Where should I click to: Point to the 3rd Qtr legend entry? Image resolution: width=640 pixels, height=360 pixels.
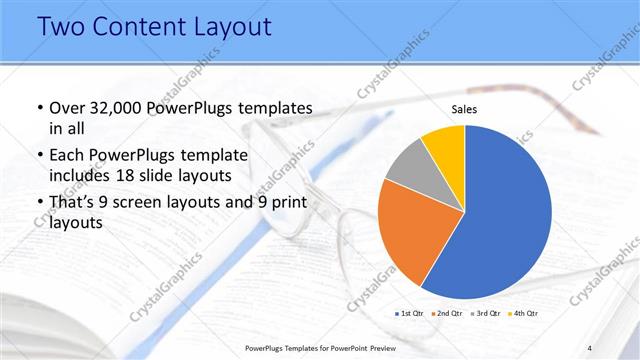[x=485, y=314]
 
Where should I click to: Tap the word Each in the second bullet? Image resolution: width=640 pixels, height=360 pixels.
[x=68, y=155]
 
